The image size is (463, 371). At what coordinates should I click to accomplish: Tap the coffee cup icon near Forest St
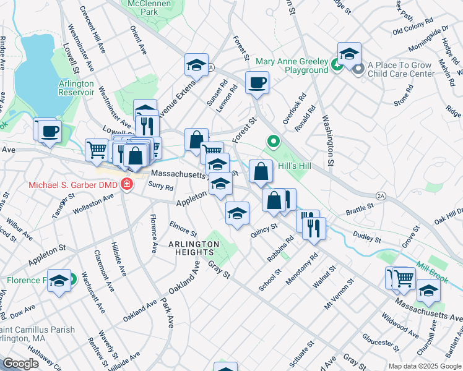pos(257,82)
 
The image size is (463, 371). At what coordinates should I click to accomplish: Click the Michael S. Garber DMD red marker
pos(126,185)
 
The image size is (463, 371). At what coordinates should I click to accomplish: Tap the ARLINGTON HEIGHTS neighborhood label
pos(194,244)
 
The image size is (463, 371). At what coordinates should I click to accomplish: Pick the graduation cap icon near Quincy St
pos(236,214)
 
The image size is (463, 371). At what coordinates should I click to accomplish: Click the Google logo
pos(20,364)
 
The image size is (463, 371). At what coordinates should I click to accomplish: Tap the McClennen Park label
pos(141,7)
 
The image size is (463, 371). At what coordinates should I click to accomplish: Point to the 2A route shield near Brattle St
pos(381,196)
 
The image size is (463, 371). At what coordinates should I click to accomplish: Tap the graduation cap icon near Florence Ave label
pos(59,281)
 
